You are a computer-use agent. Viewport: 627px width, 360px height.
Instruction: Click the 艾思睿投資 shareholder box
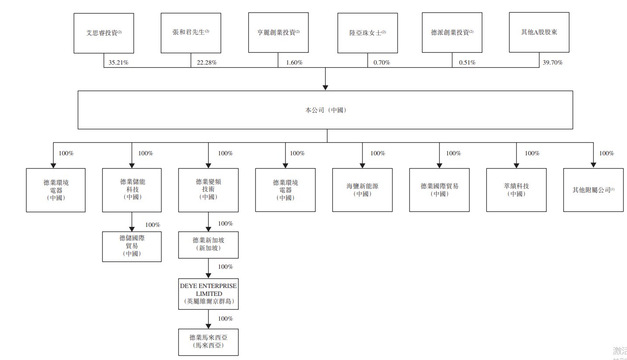point(103,33)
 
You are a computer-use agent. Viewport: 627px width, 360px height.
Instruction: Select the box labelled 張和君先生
point(190,33)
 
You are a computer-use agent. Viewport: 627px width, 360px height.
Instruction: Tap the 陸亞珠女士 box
point(367,33)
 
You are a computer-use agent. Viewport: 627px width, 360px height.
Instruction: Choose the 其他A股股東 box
point(539,33)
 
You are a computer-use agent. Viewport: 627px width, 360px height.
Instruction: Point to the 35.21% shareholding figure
point(118,62)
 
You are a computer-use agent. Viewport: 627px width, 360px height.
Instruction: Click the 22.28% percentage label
point(207,62)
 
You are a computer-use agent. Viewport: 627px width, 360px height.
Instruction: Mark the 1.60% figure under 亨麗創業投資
point(294,62)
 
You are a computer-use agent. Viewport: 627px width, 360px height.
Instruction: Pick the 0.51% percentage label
point(467,62)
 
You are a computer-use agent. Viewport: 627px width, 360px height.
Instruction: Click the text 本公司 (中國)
point(325,110)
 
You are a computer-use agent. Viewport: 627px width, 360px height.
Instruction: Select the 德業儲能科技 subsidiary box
point(132,190)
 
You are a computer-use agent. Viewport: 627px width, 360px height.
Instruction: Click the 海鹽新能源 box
point(362,190)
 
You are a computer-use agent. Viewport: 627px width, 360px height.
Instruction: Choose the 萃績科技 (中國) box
point(516,190)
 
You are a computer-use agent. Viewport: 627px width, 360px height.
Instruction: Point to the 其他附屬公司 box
point(593,190)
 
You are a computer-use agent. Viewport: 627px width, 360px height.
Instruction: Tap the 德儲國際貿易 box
point(132,246)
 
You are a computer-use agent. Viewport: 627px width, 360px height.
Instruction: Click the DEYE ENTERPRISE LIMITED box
point(209,294)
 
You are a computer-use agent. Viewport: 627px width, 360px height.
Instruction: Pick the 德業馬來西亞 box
point(209,342)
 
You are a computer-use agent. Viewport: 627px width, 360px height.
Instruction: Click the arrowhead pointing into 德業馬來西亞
point(209,326)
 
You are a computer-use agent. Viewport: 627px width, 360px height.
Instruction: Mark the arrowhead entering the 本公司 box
point(325,87)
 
